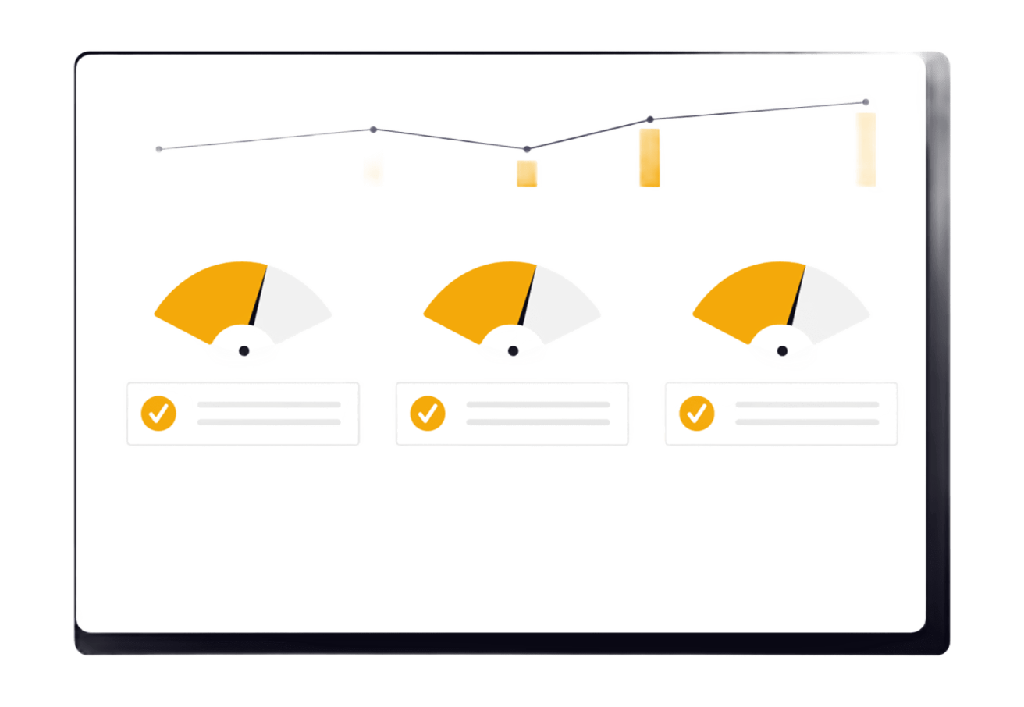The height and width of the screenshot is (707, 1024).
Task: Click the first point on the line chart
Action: pos(159,148)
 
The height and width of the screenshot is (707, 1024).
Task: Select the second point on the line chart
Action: pos(373,129)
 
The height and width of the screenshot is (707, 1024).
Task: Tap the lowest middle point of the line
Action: pos(527,149)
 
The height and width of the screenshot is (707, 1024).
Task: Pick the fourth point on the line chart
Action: pos(649,119)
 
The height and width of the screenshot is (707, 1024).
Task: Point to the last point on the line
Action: pos(865,101)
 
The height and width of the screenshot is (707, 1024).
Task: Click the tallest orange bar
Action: pos(866,149)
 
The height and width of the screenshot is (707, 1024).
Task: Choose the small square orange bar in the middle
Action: pos(527,173)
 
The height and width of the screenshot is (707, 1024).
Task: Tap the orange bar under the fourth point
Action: pos(649,158)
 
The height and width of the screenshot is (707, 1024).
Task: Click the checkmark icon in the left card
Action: pos(158,413)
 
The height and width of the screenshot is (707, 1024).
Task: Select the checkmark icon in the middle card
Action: pos(428,413)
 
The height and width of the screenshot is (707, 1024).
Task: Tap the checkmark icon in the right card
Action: pos(697,413)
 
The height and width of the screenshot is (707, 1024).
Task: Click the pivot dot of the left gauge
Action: pos(244,351)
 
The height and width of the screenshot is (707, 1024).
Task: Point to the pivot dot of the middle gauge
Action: pos(513,351)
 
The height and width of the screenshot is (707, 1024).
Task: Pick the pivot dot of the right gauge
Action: pos(782,351)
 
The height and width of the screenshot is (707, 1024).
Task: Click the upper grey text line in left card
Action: pos(268,404)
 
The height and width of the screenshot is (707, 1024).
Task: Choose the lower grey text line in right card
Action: pos(807,422)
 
